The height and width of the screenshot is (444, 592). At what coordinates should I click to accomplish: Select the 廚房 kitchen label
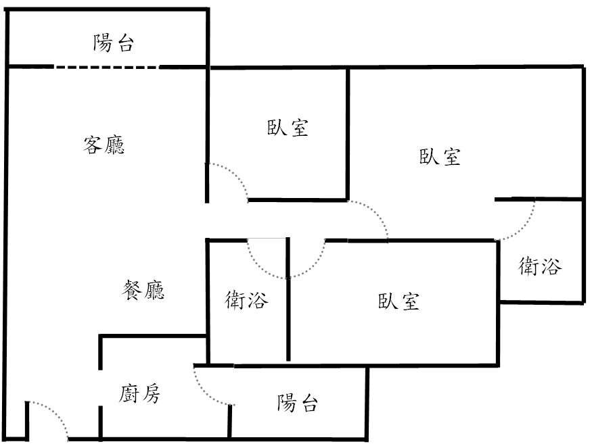141,393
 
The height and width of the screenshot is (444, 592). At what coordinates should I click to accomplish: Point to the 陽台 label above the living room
113,45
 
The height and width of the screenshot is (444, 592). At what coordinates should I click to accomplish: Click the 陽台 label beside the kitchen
297,403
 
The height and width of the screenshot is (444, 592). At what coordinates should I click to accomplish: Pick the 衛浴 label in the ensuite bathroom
539,267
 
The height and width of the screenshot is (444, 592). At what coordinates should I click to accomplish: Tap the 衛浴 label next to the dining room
246,299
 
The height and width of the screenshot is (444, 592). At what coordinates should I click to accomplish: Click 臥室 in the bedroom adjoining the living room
288,128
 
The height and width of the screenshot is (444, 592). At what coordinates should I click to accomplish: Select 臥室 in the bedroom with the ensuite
440,157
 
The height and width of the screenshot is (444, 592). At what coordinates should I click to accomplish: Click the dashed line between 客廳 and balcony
106,66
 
